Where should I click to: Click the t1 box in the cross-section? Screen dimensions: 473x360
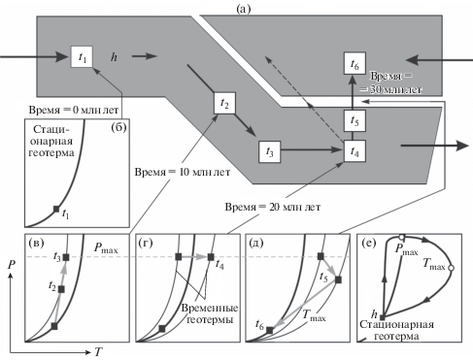click(x=82, y=57)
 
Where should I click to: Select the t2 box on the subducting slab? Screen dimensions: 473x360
click(x=224, y=103)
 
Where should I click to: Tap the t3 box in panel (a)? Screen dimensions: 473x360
click(x=269, y=151)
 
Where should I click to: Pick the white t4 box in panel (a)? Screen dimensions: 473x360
click(x=355, y=151)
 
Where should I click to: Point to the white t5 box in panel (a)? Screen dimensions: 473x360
click(x=355, y=120)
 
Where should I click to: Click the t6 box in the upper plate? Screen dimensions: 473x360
click(x=355, y=63)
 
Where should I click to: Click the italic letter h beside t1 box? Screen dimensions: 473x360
click(x=114, y=57)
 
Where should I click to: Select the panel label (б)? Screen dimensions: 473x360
click(x=118, y=128)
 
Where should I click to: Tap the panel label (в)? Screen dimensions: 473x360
click(x=36, y=243)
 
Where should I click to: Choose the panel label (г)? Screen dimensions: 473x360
click(x=146, y=243)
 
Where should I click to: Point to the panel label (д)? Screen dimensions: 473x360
click(x=255, y=243)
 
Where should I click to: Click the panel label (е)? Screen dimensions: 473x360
click(x=368, y=243)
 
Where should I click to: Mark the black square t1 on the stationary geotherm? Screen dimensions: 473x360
click(x=56, y=209)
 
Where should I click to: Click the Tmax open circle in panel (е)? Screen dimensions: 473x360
click(x=451, y=268)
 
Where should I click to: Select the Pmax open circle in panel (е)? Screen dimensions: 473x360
click(x=401, y=237)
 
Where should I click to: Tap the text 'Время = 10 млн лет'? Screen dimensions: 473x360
click(x=183, y=172)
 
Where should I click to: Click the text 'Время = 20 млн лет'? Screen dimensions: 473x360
click(x=273, y=207)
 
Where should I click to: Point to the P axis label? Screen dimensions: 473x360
click(x=12, y=265)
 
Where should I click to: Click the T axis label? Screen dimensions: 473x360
click(x=98, y=352)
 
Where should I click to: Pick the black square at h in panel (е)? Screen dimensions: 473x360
click(x=383, y=317)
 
